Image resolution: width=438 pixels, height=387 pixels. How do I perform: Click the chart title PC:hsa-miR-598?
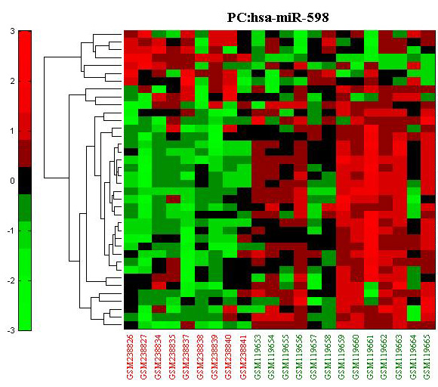pyautogui.click(x=278, y=18)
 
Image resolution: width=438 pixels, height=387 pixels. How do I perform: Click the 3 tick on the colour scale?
pyautogui.click(x=12, y=31)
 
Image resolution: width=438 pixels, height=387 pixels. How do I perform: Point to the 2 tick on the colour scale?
pyautogui.click(x=12, y=81)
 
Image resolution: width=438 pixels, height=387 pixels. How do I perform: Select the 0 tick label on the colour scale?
pyautogui.click(x=12, y=181)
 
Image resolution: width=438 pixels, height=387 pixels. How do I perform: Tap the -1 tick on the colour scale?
pyautogui.click(x=11, y=231)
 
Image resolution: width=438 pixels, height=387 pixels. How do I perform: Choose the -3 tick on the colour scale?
pyautogui.click(x=11, y=331)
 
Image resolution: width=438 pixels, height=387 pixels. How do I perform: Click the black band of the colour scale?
pyautogui.click(x=25, y=181)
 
